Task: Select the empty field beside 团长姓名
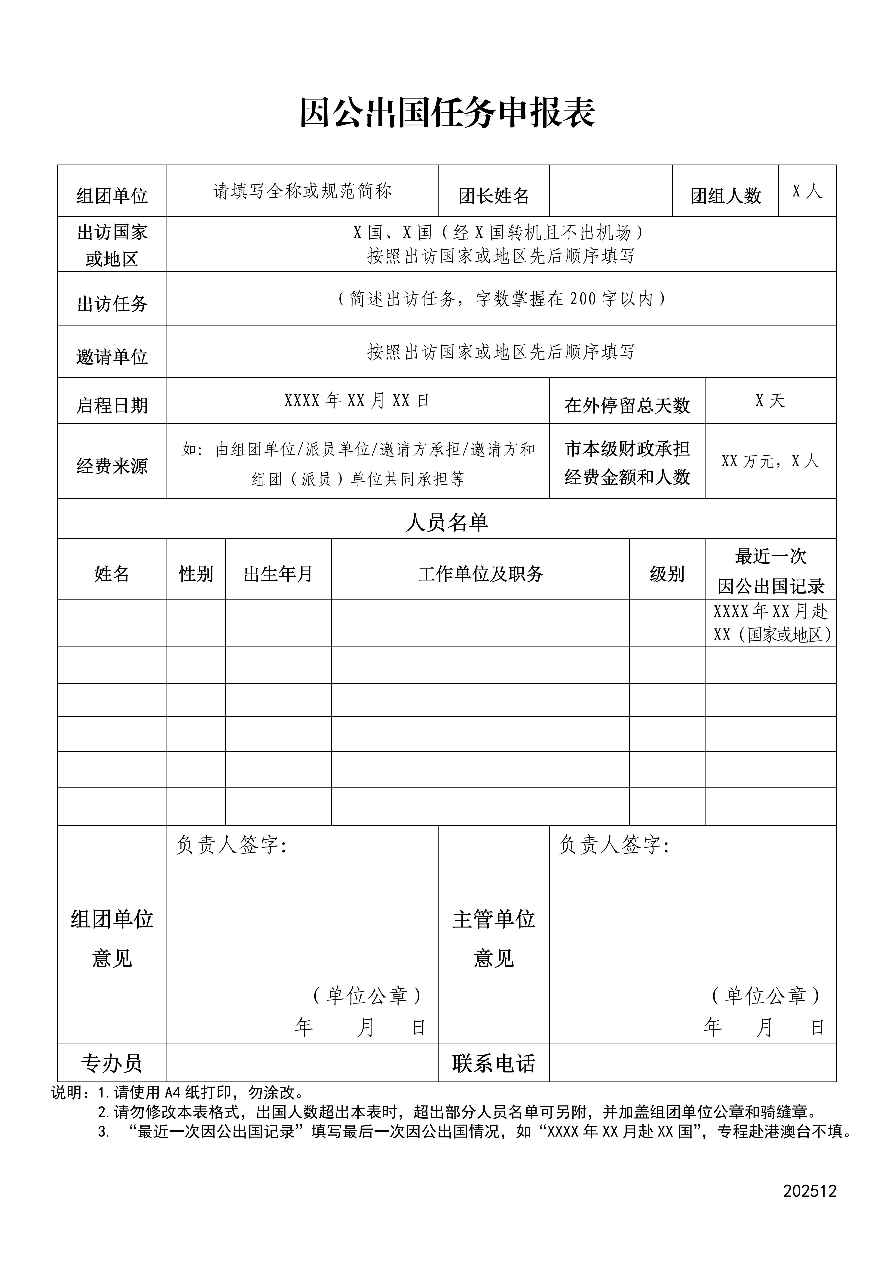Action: point(610,191)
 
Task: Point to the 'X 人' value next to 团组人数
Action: point(807,191)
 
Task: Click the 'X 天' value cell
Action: point(770,401)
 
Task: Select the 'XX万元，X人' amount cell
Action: point(770,461)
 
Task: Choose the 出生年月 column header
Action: point(278,574)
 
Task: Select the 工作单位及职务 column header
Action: point(480,574)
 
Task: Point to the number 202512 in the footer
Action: point(810,1206)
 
